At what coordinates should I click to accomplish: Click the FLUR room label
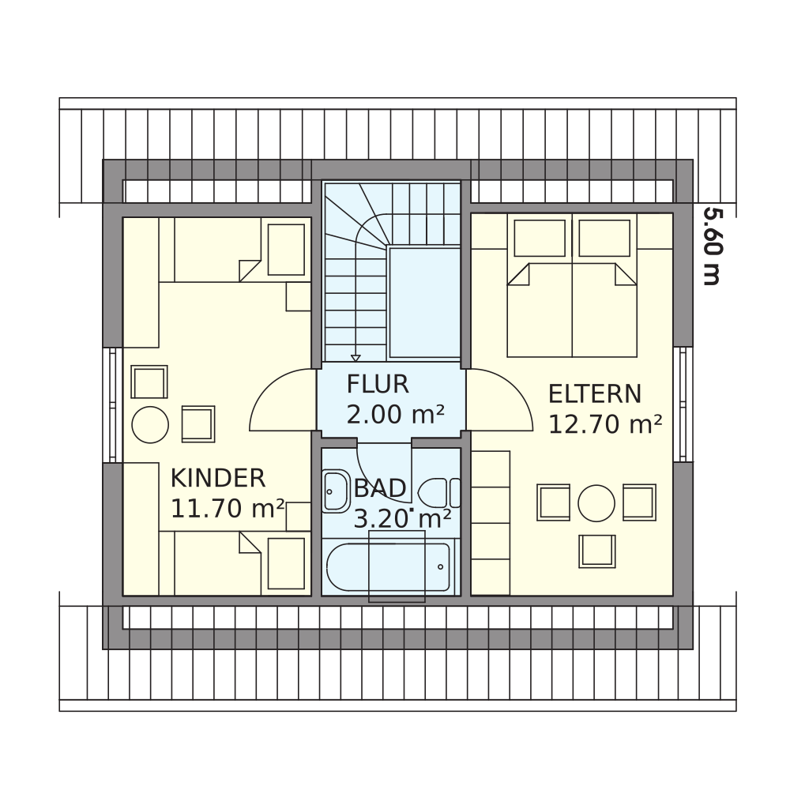click(x=378, y=385)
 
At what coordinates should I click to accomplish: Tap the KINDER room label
click(x=218, y=478)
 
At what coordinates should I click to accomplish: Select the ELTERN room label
click(x=595, y=394)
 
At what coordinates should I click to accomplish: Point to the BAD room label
click(x=380, y=488)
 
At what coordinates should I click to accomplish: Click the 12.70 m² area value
click(x=604, y=424)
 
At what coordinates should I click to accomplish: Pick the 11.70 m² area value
click(x=228, y=508)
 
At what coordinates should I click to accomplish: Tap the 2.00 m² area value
click(x=396, y=415)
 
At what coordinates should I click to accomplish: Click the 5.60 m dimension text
click(x=711, y=246)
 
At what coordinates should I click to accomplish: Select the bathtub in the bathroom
click(x=388, y=566)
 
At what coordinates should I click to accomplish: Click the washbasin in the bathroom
click(x=336, y=491)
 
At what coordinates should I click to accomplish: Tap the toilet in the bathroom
click(x=439, y=493)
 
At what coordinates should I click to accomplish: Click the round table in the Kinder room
click(x=150, y=425)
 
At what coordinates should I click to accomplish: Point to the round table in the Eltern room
click(x=596, y=502)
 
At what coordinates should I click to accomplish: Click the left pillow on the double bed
click(x=540, y=238)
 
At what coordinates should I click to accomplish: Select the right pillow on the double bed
click(x=604, y=238)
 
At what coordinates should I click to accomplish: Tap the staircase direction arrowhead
click(x=355, y=358)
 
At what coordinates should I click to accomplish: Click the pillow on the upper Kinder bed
click(x=286, y=250)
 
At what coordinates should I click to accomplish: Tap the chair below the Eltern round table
click(x=597, y=551)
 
